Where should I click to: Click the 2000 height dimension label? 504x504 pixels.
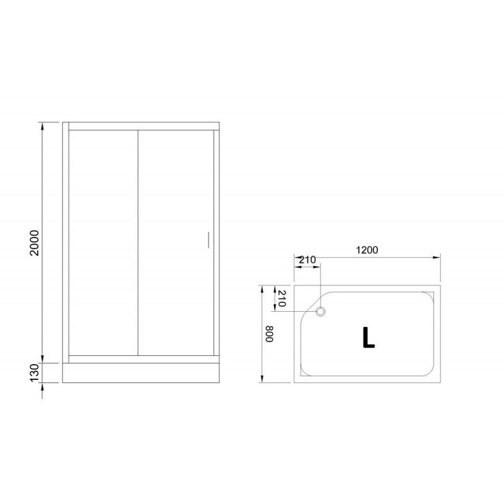coord(34,243)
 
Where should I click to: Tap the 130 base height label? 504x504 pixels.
coord(34,372)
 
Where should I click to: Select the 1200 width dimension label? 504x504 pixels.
coord(367,249)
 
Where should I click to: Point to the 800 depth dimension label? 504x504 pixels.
coord(269,335)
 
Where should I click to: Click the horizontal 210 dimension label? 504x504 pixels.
coord(307,260)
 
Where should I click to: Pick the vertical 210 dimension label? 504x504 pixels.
coord(281,299)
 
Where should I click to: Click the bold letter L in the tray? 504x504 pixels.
coord(369,337)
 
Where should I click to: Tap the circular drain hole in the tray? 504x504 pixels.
coord(321,311)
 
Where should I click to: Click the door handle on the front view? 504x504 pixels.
coord(209,240)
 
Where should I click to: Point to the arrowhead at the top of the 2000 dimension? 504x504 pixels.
coord(42,127)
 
